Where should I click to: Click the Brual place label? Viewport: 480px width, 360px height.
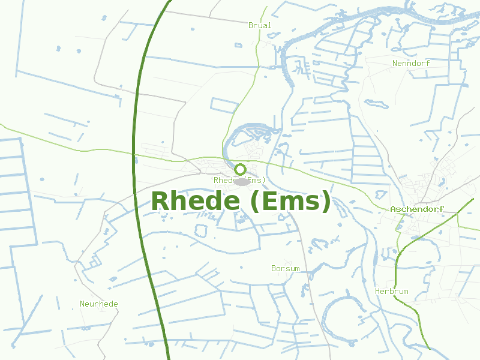click(x=260, y=26)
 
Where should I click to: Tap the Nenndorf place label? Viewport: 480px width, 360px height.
click(x=411, y=63)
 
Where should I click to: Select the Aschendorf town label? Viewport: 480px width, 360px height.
click(x=417, y=209)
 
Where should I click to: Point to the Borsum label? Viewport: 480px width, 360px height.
click(x=285, y=269)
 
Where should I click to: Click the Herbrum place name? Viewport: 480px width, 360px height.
click(x=391, y=292)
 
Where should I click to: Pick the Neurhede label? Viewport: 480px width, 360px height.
click(x=99, y=304)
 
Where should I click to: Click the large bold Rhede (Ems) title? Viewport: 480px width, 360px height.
click(x=241, y=202)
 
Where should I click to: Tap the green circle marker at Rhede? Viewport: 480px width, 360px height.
click(x=241, y=169)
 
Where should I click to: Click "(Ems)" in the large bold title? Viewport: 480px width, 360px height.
click(x=289, y=202)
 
